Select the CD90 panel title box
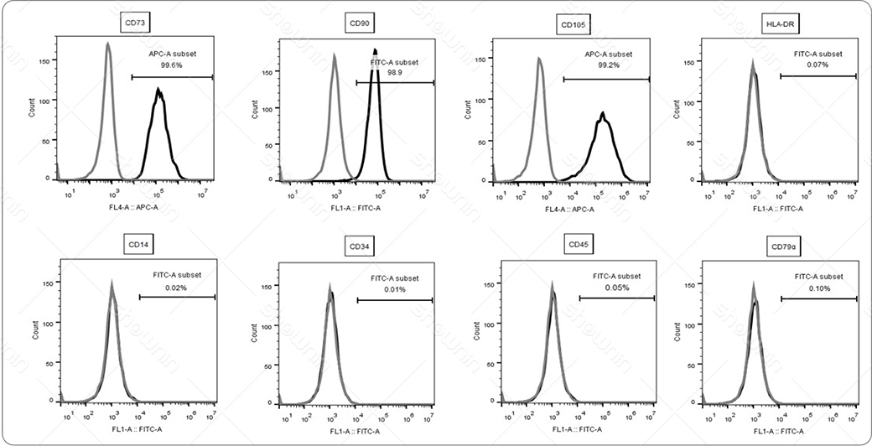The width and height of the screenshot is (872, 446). pos(357,23)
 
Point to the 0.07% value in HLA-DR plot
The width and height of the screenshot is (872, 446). pos(817,65)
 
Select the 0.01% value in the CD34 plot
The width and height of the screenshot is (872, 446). pos(394,289)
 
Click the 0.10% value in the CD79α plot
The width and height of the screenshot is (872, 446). pos(817,288)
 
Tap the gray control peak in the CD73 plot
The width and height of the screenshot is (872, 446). pos(108,46)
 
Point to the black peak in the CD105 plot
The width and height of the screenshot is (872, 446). pos(602,116)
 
